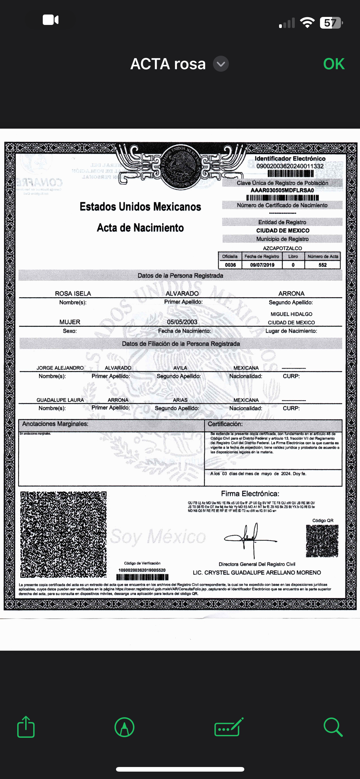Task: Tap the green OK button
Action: click(334, 64)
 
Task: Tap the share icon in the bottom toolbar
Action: click(26, 727)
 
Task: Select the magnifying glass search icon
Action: click(333, 727)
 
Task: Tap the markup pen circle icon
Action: click(124, 727)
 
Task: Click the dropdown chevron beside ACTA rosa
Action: click(221, 64)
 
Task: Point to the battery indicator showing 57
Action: click(331, 23)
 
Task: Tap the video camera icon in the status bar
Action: click(50, 20)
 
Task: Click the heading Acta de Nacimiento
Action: click(140, 228)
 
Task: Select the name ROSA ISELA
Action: click(73, 294)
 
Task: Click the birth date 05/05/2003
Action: click(182, 322)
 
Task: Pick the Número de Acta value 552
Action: click(322, 265)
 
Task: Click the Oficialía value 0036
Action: click(230, 265)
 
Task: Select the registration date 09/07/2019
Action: click(262, 265)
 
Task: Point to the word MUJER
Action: click(70, 322)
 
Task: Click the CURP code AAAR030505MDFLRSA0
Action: click(282, 190)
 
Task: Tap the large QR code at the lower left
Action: click(63, 535)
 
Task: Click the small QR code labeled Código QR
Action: click(322, 541)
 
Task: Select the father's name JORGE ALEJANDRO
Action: click(60, 368)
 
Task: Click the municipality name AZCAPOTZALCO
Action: click(282, 248)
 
